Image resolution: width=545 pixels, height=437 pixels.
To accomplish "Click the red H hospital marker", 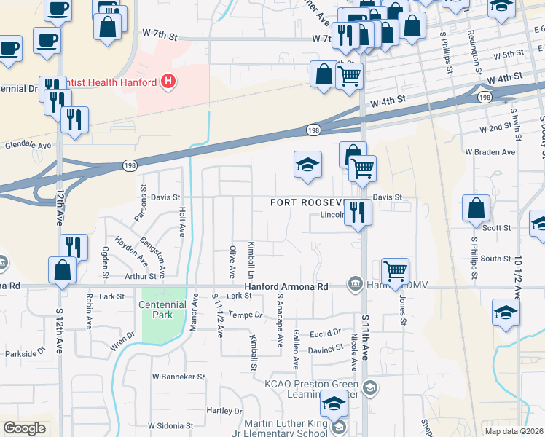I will pos(169,81).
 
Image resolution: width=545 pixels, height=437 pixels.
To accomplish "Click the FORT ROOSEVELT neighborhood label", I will pos(306,202).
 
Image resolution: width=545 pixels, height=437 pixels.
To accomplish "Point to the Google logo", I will pos(24,428).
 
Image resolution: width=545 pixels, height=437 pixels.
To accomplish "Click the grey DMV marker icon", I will pos(356,283).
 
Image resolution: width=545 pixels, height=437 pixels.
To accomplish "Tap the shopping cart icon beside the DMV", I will pos(395,271).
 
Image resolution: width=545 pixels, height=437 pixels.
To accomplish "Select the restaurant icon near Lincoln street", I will pos(358,212).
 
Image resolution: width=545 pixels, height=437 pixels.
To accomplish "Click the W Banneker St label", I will pos(178,377).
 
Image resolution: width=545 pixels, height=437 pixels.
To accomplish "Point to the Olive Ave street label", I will pos(232,261).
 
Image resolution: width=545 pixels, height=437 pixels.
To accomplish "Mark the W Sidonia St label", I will pos(170,425).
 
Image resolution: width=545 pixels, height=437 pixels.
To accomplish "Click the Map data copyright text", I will pos(514,431).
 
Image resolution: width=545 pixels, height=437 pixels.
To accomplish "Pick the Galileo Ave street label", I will pos(296,347).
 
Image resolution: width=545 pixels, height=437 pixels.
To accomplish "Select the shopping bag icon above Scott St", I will pos(476,208).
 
